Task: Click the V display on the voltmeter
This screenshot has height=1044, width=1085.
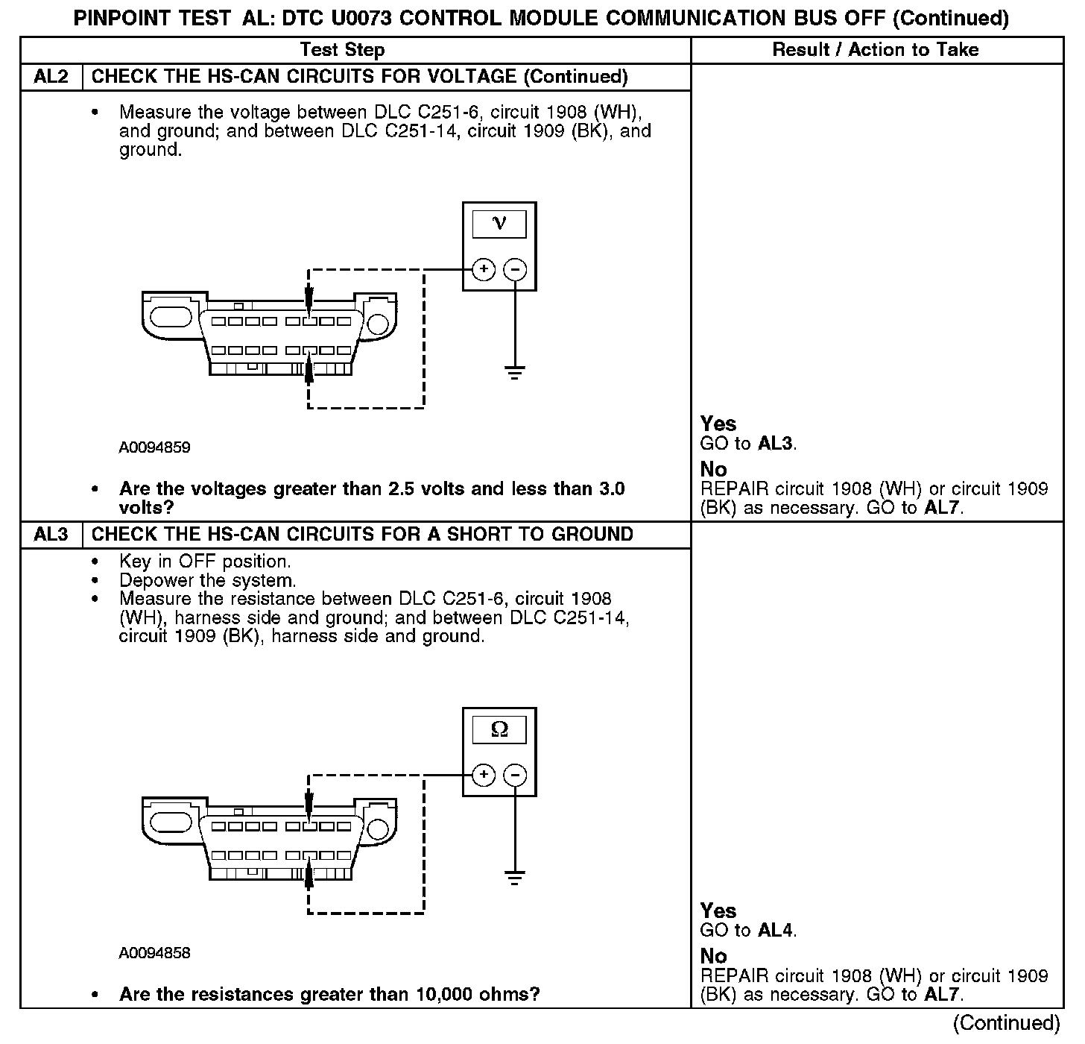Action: tap(499, 224)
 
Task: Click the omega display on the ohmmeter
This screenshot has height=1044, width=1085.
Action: tap(499, 729)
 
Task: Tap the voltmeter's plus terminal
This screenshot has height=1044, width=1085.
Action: tap(484, 269)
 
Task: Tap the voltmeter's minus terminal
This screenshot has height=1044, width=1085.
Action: tap(515, 269)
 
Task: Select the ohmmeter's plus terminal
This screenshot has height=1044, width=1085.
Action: tap(484, 775)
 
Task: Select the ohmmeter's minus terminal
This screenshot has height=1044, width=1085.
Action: tap(515, 775)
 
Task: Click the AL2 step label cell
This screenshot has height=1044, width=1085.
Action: tap(51, 77)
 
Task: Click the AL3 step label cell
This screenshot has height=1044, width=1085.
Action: tap(51, 535)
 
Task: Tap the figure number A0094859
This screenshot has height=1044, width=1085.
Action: tap(154, 447)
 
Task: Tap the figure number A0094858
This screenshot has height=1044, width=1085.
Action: tap(154, 953)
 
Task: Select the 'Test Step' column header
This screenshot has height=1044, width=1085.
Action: tap(342, 50)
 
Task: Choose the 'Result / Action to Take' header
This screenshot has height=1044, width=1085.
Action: tap(876, 50)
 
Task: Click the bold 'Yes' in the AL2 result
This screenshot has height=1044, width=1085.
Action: tap(718, 424)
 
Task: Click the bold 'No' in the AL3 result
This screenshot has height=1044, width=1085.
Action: tap(713, 957)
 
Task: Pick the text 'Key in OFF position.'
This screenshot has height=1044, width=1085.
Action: tap(205, 562)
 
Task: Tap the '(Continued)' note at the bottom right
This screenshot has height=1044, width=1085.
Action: tap(1006, 1023)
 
